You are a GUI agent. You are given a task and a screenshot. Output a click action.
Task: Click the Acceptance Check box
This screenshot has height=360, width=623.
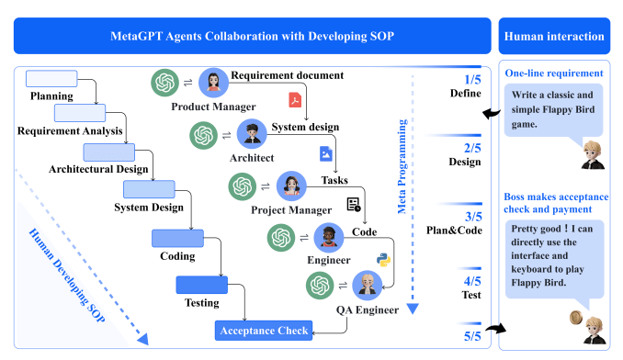pos(264,330)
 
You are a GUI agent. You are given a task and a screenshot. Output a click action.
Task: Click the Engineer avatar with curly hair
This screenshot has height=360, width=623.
pos(327,238)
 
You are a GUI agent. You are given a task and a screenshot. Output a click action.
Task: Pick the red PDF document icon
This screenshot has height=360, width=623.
pos(296,99)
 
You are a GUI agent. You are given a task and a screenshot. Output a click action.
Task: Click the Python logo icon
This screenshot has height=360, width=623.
pos(384,258)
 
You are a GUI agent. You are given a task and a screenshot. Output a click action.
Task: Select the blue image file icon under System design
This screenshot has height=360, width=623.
pos(324,152)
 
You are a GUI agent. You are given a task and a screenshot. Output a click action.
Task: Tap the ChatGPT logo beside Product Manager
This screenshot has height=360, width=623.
pos(166,84)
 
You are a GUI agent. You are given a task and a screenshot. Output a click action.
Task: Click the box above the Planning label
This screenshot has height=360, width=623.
pos(51,79)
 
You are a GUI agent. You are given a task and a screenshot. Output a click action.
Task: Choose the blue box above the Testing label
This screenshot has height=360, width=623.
pos(201,285)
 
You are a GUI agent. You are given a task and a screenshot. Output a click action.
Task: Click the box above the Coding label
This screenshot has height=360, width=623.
pos(176,239)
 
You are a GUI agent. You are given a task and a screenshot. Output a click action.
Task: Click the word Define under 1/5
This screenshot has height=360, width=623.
pos(465,94)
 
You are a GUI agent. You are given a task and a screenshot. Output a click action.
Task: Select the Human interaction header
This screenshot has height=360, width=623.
pos(554,37)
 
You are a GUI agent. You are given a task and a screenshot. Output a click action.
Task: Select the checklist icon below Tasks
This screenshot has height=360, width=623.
pos(353,204)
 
